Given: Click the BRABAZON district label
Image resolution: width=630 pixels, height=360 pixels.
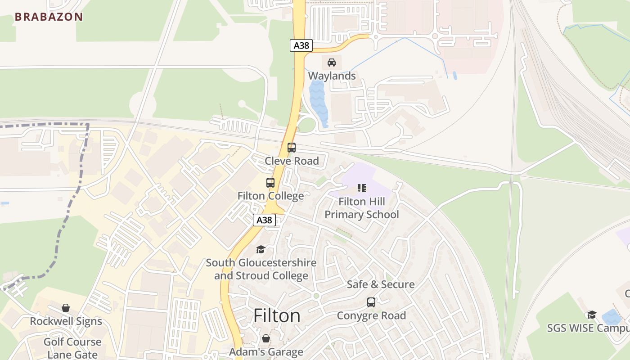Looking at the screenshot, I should (49, 17).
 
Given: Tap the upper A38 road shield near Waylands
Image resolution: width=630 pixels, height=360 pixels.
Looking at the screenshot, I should (301, 45).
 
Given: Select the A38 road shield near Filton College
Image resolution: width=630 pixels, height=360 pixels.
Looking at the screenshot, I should (264, 220).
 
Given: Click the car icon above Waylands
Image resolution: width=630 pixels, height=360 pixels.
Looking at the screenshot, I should (332, 62).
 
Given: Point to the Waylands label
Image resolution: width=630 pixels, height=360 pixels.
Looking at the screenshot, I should (332, 76).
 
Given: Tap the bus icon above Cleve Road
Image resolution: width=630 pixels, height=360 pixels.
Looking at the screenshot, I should (292, 147).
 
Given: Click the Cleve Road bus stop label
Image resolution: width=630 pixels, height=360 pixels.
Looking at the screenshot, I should (292, 161).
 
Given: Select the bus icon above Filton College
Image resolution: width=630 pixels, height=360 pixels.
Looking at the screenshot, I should (270, 183).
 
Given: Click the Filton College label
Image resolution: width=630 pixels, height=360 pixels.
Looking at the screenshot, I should (270, 196).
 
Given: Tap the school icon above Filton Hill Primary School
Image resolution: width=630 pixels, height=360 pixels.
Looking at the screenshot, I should (362, 188).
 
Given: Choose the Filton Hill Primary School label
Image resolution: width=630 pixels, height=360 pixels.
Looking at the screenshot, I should (362, 208).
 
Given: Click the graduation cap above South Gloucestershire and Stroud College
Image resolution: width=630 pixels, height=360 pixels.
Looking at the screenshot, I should (261, 249).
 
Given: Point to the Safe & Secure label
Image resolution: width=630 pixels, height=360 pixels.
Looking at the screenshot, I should (381, 284).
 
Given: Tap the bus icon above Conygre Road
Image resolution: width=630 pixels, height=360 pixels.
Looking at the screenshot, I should (371, 302).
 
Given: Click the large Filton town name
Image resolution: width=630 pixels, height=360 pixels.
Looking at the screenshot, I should (277, 316).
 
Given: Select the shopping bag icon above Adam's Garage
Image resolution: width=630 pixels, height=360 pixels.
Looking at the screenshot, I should (266, 338).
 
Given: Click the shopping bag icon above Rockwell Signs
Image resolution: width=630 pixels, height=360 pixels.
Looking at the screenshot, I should (66, 308).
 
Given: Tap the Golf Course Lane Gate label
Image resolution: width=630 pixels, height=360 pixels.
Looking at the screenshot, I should (72, 348).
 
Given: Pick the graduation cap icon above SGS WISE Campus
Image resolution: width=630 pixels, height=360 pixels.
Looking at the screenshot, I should (592, 315).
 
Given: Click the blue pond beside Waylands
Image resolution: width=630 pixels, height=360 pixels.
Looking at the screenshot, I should (318, 103).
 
